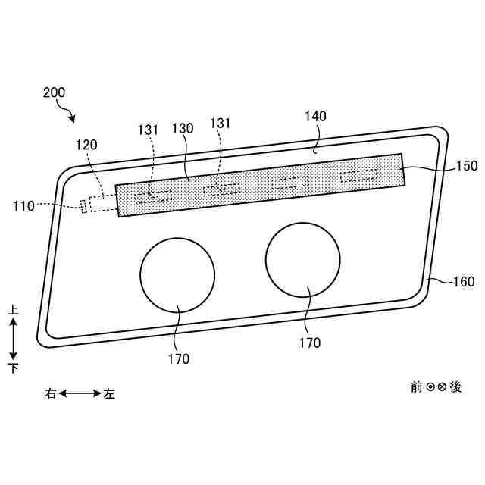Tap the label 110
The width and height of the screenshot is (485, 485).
[x=23, y=205]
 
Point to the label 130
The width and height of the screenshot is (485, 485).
[x=184, y=128]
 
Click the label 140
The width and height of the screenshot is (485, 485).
[x=315, y=116]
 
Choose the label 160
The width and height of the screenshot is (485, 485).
[x=464, y=282]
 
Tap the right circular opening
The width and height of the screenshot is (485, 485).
[x=303, y=259]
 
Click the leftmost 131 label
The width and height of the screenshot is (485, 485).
[x=148, y=130]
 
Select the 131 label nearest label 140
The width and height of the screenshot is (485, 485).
[x=220, y=124]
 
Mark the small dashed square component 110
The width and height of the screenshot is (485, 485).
[x=84, y=205]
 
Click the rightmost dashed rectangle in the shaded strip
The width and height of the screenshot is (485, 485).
[x=361, y=177]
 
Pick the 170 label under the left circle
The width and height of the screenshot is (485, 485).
[x=180, y=359]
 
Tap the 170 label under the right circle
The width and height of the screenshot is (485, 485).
[x=310, y=343]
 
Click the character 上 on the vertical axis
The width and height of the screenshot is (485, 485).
[x=13, y=310]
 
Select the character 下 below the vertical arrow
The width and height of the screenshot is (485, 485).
[x=13, y=368]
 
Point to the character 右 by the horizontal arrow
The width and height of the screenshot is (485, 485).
[x=51, y=393]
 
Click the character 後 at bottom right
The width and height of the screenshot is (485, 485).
[x=455, y=386]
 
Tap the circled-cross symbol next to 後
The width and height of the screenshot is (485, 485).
[x=442, y=386]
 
